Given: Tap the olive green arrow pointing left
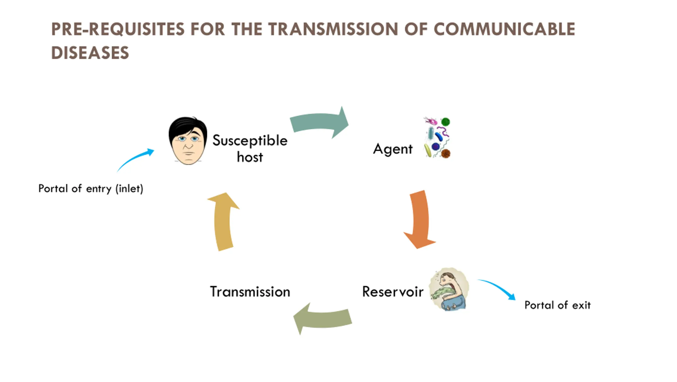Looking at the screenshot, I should [323, 319].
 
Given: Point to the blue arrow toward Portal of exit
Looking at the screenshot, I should [497, 288].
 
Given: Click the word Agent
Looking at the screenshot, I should [393, 149].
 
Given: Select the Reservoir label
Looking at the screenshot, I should [393, 292].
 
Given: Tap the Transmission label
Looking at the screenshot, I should [250, 292].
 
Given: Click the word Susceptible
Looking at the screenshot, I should [250, 140].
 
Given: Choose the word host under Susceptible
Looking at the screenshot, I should [250, 157].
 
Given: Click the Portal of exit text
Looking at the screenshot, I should [557, 305].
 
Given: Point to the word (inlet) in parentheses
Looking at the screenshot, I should [129, 189].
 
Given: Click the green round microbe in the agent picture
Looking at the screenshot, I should [445, 122].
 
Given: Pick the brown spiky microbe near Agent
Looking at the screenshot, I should [446, 153].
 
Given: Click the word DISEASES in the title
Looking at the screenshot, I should [90, 53].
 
